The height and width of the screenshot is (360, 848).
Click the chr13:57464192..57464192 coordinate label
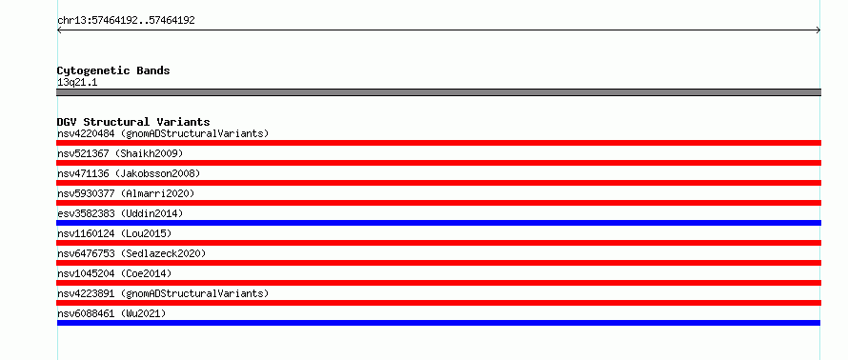[126, 21]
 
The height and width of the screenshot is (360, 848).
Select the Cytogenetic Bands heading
[113, 70]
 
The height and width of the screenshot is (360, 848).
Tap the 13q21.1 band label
[77, 83]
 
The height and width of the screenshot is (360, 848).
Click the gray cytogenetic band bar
[438, 92]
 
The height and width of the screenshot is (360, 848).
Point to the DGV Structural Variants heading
[133, 122]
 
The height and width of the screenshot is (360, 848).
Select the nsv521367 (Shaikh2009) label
[120, 153]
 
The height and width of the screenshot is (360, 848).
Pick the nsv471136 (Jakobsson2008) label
[129, 173]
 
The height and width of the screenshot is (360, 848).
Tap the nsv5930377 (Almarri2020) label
[126, 193]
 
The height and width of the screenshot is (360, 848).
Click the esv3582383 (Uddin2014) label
[120, 213]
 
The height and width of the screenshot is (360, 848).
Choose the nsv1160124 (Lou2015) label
[114, 233]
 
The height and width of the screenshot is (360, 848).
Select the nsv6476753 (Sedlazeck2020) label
[131, 253]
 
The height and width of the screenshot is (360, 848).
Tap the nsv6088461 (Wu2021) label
[111, 313]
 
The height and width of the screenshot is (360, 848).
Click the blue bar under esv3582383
[438, 223]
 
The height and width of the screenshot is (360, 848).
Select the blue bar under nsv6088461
[438, 323]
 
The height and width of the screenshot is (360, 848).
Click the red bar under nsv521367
[438, 163]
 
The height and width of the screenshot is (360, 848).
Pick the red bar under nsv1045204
[438, 283]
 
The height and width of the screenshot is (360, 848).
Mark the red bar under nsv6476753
[438, 263]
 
